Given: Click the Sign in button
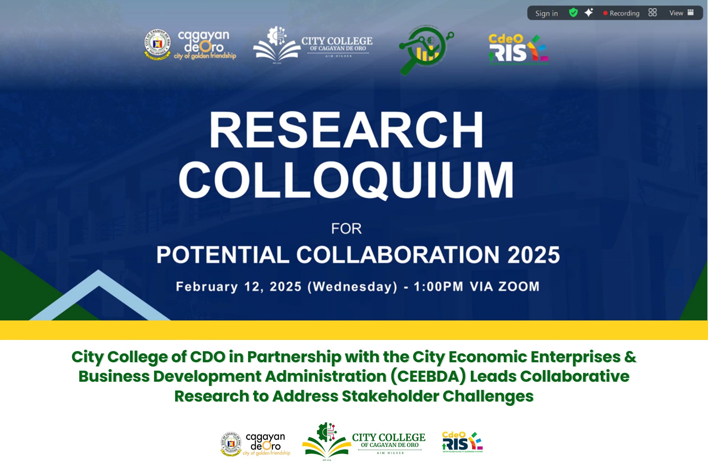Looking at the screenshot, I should tap(546, 13).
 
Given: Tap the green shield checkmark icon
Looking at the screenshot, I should tap(573, 13).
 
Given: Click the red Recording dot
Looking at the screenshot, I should tap(605, 13).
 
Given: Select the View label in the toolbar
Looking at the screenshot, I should tap(676, 13).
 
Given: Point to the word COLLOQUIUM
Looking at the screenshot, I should tap(346, 180).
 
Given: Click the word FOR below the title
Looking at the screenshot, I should tap(346, 229).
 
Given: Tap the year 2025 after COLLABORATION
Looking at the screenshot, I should tap(533, 255).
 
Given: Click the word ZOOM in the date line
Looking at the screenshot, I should tap(519, 286).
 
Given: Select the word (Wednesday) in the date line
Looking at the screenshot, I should tap(352, 286).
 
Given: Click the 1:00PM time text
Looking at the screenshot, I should tap(438, 286).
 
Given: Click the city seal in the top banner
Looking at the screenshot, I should tap(158, 44).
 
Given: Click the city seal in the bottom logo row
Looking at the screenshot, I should tap(231, 443).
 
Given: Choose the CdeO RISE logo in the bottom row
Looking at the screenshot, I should tap(462, 442).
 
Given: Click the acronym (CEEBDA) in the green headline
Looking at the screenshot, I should tap(428, 376).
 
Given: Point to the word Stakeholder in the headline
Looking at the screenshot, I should tap(390, 396).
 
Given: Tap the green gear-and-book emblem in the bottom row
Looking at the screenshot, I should tap(326, 441).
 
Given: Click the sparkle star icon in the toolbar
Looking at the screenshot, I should tap(589, 13).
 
